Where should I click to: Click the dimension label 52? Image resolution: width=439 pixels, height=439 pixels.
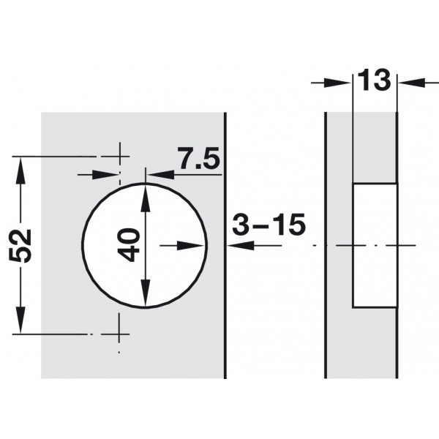20,246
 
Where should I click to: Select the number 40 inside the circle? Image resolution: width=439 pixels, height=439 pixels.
129,245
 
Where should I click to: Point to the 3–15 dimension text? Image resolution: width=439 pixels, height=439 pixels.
269,225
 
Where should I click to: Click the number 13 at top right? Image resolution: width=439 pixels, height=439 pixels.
374,80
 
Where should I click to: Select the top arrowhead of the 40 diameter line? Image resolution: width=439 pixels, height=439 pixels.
145,198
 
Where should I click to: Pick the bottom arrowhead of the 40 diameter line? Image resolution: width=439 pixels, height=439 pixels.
145,293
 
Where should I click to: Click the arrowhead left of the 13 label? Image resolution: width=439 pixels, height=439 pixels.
337,83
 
